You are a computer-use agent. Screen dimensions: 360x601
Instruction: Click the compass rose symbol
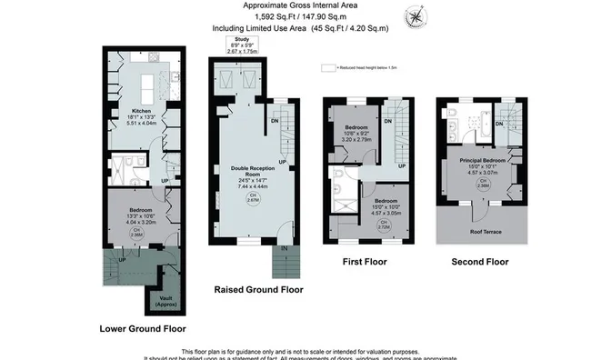coord(417,15)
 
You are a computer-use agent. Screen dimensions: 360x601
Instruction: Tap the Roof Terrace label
coord(474,232)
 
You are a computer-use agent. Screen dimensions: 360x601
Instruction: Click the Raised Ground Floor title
coord(258,291)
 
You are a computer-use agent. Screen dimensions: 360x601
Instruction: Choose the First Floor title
coord(366,262)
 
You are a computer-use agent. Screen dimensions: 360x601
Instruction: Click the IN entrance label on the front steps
coord(284,247)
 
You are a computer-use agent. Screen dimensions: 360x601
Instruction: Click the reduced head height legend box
coord(328,67)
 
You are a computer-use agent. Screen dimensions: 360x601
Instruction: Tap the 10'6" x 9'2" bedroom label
coord(356,132)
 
